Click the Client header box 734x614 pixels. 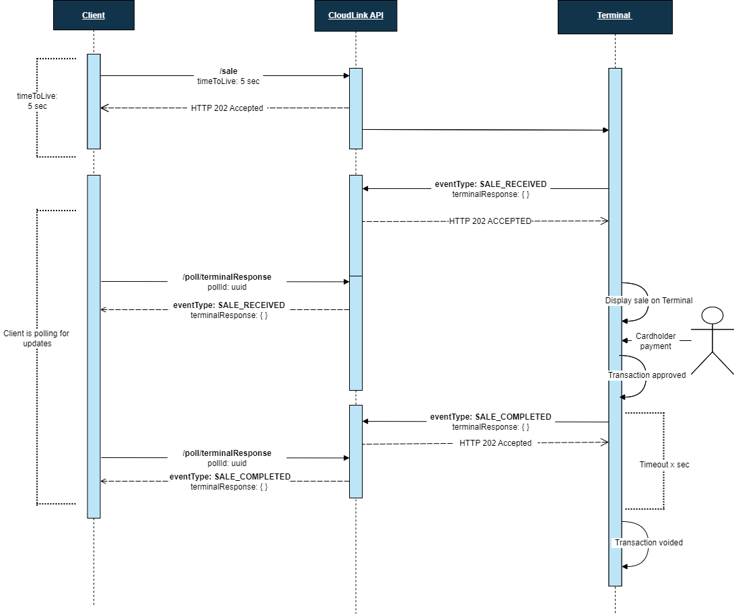point(94,15)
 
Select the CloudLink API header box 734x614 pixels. point(355,15)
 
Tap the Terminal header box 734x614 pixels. point(614,15)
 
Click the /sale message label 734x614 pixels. point(229,71)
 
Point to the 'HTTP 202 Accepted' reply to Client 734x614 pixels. point(227,108)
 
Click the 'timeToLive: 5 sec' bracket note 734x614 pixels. point(32,102)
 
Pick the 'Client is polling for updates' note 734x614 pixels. point(36,338)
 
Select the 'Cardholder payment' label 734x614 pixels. point(655,341)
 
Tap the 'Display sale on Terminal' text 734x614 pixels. point(649,301)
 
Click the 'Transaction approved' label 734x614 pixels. point(647,375)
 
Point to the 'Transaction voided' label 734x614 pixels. point(649,543)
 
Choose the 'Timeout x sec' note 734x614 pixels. point(664,465)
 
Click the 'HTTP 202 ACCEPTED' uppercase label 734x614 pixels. point(490,221)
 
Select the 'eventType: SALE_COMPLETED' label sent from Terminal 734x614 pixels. point(490,417)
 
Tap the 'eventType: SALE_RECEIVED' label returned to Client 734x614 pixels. point(229,305)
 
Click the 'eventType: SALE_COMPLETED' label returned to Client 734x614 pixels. point(229,477)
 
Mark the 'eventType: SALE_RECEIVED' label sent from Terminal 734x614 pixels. point(490,184)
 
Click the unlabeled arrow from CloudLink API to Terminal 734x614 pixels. point(484,130)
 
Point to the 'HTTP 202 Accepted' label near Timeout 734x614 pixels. point(495,443)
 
